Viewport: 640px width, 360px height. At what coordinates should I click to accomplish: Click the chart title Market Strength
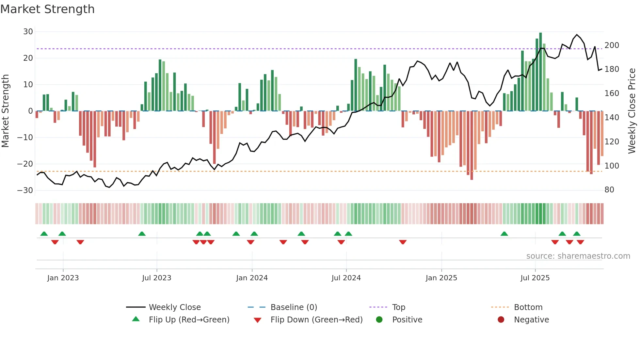(x=47, y=9)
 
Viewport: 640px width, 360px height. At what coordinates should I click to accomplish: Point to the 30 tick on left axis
(x=28, y=32)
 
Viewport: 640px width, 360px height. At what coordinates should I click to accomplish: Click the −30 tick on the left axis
(x=25, y=190)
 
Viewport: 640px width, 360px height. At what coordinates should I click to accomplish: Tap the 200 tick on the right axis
(x=612, y=45)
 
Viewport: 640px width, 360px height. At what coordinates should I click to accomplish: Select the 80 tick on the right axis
(x=609, y=190)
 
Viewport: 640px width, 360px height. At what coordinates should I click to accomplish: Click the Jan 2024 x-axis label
(x=252, y=278)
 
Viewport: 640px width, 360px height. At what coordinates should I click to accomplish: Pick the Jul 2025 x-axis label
(x=535, y=278)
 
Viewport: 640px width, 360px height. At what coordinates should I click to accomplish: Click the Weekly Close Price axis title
(x=632, y=111)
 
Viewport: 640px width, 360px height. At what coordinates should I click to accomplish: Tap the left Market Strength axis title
(x=6, y=111)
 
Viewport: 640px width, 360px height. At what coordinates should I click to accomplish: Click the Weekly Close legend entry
(x=175, y=307)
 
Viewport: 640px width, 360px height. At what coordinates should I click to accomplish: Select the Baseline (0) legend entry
(x=294, y=307)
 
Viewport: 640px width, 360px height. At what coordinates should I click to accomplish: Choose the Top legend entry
(x=398, y=307)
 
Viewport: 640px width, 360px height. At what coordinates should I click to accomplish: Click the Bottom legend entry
(x=528, y=307)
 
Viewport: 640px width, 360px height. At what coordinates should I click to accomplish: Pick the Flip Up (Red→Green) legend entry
(x=189, y=320)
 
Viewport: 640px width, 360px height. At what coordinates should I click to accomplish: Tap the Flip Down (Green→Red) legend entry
(x=316, y=320)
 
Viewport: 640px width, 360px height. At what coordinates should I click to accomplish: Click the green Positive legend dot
(x=379, y=319)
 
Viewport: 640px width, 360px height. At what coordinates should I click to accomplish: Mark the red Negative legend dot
(x=501, y=319)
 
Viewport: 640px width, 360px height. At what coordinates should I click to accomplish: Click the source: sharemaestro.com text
(x=578, y=256)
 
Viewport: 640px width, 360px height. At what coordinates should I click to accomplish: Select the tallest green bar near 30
(x=540, y=72)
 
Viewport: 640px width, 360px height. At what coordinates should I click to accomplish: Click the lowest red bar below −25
(x=472, y=145)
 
